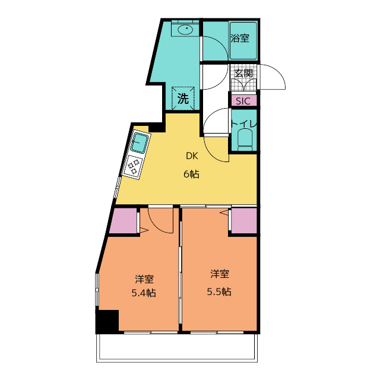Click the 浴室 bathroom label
point(240,38)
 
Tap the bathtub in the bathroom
point(243,40)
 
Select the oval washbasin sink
point(185,30)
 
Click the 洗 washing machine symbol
point(183,98)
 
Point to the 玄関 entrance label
point(243,73)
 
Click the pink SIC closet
point(244,100)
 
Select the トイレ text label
point(244,124)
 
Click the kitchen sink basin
point(140,143)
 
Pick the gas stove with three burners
point(132,166)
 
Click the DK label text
point(192,156)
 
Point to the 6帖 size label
point(191,174)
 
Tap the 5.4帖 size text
point(144,293)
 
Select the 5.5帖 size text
point(219,292)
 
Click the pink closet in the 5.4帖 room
point(123,220)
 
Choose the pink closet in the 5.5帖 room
point(244,220)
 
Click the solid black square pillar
point(107,321)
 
